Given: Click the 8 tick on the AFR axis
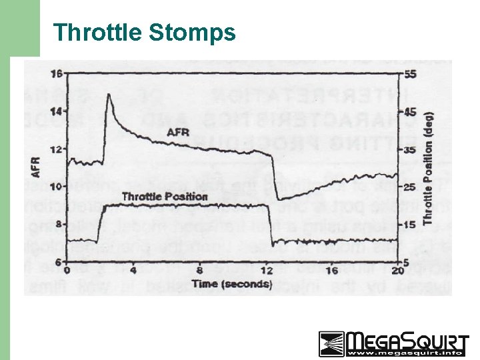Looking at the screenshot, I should click(57, 224).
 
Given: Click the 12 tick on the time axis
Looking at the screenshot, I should click(267, 271).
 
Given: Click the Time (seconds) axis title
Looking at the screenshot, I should click(231, 283).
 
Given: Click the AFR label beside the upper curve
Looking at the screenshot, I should click(178, 132).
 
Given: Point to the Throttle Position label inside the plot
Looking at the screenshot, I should click(165, 196).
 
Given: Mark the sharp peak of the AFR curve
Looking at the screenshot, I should click(108, 95).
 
